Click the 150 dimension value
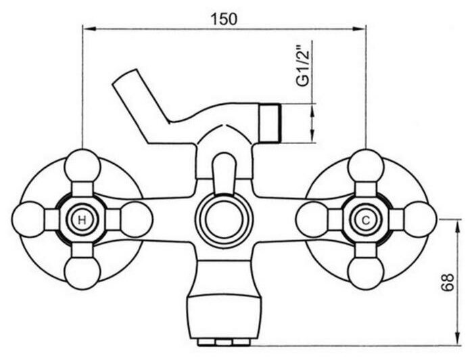(224, 19)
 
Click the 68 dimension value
(448, 282)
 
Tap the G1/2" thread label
(303, 66)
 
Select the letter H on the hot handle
(82, 220)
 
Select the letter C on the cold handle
(366, 221)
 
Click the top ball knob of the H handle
(82, 166)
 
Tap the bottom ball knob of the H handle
(82, 273)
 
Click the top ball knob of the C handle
(366, 166)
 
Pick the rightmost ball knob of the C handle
(419, 219)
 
